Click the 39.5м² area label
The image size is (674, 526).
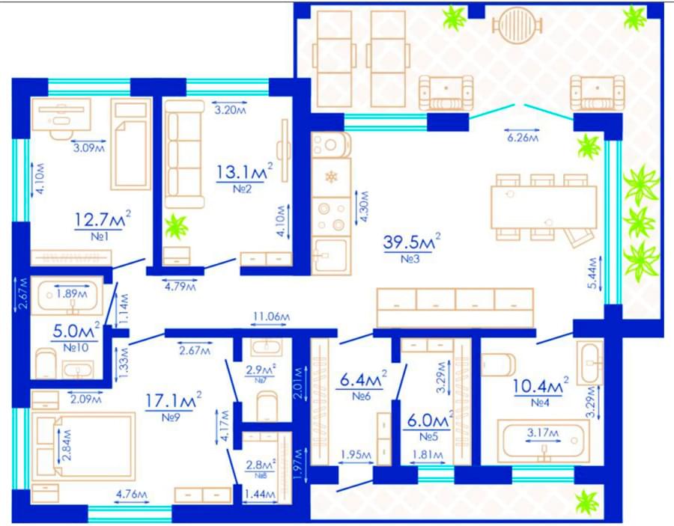click(x=411, y=242)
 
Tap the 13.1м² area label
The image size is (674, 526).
click(x=244, y=172)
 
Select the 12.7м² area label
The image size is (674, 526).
click(x=103, y=220)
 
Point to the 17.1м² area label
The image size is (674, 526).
click(x=173, y=400)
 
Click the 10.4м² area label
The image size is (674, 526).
click(x=541, y=386)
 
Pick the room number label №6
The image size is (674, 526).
click(x=361, y=396)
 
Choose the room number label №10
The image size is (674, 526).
click(x=76, y=347)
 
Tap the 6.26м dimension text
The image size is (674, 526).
click(x=523, y=138)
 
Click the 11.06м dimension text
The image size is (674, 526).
click(x=271, y=316)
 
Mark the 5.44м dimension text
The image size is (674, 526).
click(x=593, y=273)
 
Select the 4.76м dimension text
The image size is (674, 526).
click(x=132, y=495)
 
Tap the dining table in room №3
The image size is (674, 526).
click(x=544, y=207)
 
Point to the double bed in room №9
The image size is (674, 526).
click(x=83, y=447)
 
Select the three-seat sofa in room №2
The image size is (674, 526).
click(x=184, y=154)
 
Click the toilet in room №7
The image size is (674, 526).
click(x=267, y=406)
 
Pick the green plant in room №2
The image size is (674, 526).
click(x=176, y=226)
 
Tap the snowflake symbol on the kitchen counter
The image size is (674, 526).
click(x=331, y=177)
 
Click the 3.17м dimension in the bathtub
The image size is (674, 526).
click(x=544, y=432)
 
